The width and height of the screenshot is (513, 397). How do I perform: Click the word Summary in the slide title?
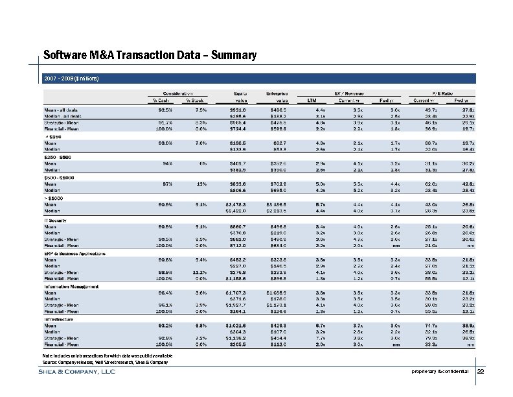(x=233, y=56)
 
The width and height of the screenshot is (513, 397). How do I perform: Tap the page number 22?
(x=480, y=371)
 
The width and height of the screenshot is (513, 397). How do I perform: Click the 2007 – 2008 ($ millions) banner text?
(x=71, y=78)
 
